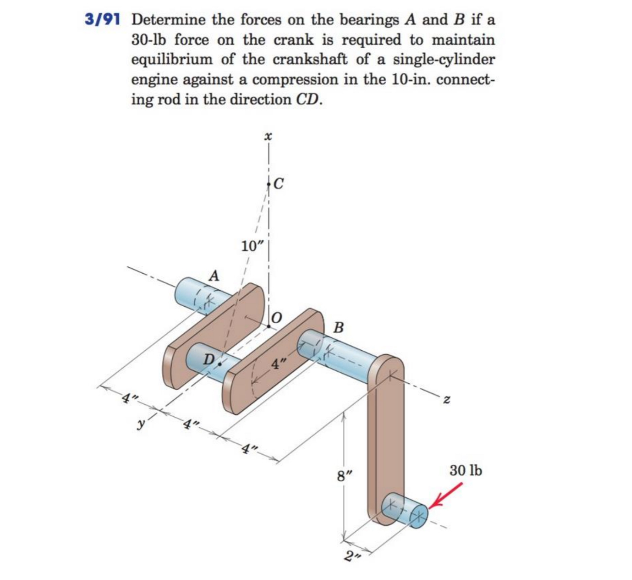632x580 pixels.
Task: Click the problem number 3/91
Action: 102,20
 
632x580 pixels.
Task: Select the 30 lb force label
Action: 465,470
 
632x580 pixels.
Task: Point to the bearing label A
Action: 214,275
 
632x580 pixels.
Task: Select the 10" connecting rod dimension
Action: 253,246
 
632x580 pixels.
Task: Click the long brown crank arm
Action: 386,435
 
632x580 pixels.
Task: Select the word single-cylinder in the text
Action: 444,60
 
